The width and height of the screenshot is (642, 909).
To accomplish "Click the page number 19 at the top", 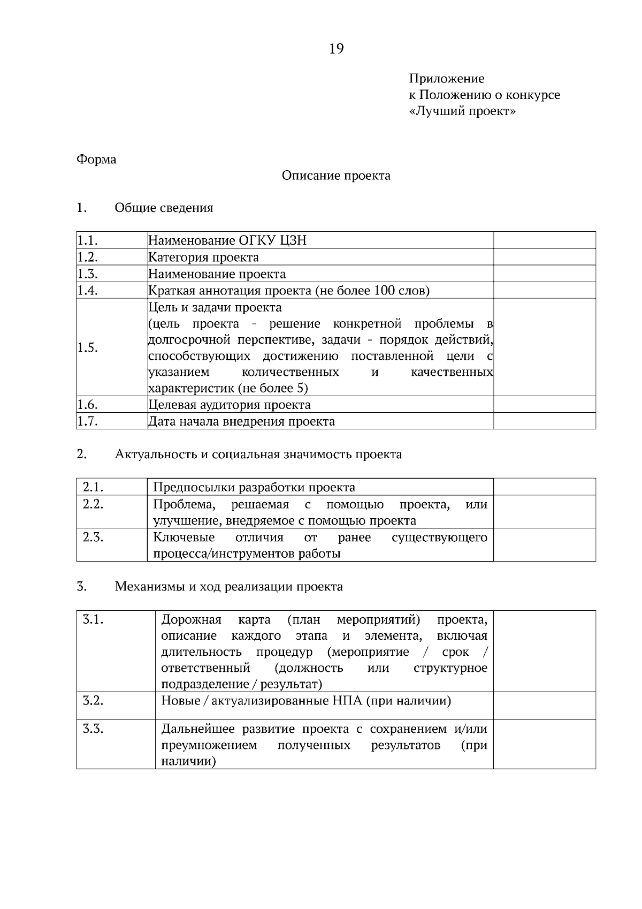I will point(337,49).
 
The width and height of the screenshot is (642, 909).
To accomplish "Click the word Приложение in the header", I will point(447,79).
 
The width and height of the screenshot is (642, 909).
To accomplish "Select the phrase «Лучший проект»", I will point(462,111).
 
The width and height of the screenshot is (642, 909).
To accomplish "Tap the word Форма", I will point(96,160).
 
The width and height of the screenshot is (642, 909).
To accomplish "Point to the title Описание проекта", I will point(336,176).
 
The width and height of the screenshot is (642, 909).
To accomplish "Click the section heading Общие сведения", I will point(164,208).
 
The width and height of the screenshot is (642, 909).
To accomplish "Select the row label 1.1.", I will point(87,240).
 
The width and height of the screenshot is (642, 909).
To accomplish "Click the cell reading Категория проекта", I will point(203,257).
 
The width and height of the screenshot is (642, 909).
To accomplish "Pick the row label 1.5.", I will point(87,348).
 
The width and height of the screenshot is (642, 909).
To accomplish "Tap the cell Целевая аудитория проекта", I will point(229,405).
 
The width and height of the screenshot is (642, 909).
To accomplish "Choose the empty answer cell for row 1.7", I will point(544,421).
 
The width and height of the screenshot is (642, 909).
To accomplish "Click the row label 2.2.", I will point(93,504).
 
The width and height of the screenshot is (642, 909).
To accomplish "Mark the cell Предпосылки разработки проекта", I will point(254,487).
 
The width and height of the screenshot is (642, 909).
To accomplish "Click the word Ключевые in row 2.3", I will point(184,537).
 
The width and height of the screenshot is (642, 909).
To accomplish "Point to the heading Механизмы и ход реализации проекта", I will point(228,587).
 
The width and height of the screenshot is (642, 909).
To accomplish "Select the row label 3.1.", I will point(93,620).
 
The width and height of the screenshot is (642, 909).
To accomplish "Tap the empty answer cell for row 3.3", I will point(544,744).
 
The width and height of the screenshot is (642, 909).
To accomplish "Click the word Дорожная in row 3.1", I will point(191,620).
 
